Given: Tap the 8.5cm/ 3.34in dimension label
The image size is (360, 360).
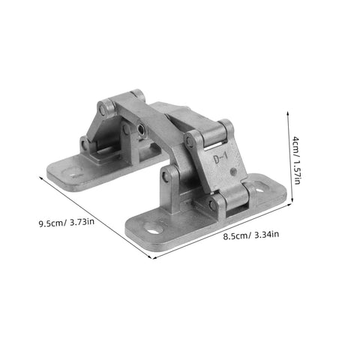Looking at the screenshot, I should coord(250,234).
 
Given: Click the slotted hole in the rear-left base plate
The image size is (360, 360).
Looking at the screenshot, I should coord(74,172).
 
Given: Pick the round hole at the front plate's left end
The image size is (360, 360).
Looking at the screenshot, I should coord(154,226).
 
